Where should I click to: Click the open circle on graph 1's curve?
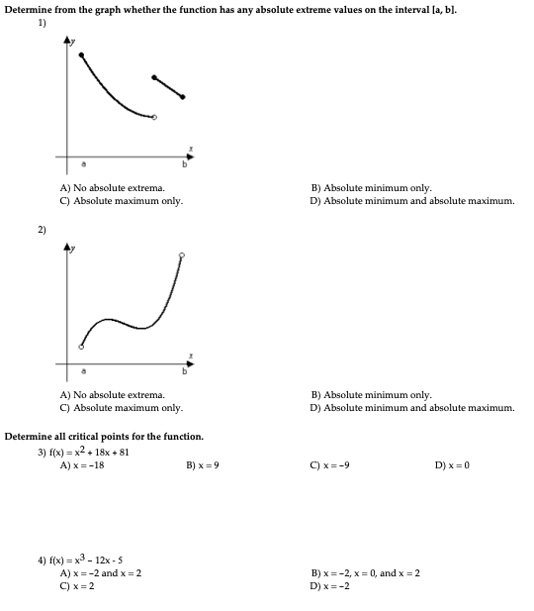(153, 118)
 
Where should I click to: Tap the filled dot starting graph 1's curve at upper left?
(81, 53)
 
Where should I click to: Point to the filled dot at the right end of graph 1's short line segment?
(183, 96)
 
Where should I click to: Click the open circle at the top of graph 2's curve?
(181, 255)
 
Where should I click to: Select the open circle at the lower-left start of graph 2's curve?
(81, 347)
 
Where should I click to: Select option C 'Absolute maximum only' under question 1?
(121, 200)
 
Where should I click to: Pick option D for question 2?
(412, 407)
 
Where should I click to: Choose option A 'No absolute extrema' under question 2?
(112, 394)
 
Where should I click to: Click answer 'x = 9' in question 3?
(202, 464)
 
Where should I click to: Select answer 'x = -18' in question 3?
(82, 464)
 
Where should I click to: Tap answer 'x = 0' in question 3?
(452, 464)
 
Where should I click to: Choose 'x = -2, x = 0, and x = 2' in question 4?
(365, 572)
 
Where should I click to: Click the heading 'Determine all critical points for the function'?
(104, 436)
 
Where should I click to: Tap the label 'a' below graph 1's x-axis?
(83, 164)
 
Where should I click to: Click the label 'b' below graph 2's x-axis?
(183, 372)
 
